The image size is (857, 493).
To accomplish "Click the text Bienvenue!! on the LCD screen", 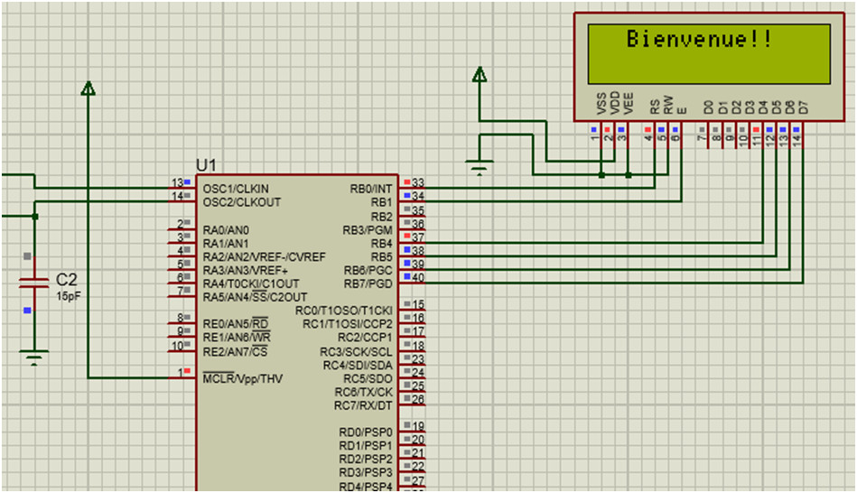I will [x=700, y=40].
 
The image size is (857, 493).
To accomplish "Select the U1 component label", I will [x=207, y=165].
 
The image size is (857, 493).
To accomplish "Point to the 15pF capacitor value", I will [x=68, y=295].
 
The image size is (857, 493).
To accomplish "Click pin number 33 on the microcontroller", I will [x=418, y=183].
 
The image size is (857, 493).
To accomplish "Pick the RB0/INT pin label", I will [x=371, y=189].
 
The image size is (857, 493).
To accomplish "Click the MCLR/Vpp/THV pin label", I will [x=242, y=378].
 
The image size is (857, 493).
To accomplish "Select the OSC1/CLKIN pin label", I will [x=236, y=189].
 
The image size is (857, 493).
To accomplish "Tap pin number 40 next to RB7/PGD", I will [x=418, y=278].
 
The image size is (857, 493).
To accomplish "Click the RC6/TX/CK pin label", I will [x=364, y=392].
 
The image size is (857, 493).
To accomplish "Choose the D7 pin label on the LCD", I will [x=803, y=107].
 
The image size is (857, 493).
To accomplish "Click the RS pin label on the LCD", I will [x=655, y=106].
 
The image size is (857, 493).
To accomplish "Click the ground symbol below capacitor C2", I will [x=34, y=358].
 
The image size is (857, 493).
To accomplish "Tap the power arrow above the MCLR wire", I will [x=88, y=88].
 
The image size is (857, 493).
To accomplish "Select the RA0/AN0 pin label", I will [x=226, y=229].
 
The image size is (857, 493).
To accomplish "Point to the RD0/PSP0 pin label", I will [x=366, y=432].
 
